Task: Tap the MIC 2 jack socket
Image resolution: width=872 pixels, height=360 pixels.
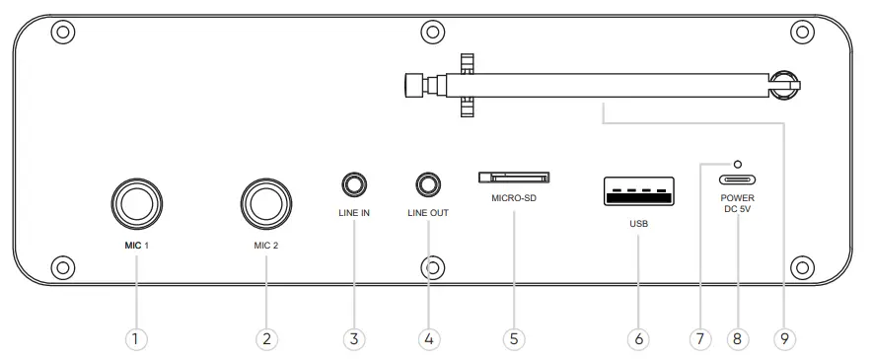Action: [x=265, y=204]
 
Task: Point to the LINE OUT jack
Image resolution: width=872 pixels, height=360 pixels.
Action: [x=428, y=184]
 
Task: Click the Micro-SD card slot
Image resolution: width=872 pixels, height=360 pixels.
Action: [x=514, y=179]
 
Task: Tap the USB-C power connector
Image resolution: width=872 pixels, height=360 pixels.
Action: [x=737, y=181]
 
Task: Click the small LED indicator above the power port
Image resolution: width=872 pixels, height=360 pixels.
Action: [x=737, y=164]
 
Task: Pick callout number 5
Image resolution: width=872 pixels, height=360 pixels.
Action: [x=512, y=338]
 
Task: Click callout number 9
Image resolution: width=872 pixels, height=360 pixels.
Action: [x=785, y=338]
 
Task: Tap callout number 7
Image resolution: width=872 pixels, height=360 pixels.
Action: [x=699, y=338]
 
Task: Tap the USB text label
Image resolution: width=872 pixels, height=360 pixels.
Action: [x=638, y=224]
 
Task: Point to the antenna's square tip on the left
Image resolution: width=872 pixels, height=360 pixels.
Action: [x=413, y=85]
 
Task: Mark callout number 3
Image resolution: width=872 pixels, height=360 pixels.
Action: [x=355, y=338]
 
